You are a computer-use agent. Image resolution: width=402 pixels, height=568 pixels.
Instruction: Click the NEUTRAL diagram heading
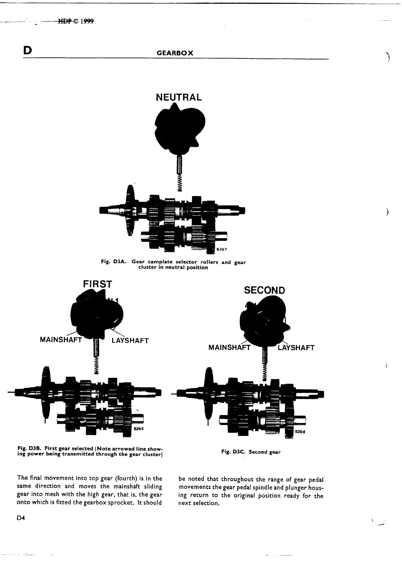[179, 97]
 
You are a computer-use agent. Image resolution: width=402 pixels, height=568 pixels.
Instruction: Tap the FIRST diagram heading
[97, 284]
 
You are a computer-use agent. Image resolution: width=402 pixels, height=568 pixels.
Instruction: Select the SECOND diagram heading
[265, 290]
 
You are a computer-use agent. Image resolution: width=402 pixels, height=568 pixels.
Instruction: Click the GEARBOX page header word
[175, 53]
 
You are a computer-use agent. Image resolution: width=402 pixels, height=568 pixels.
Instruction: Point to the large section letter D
[27, 50]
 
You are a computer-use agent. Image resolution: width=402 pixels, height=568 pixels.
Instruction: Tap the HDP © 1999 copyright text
[76, 22]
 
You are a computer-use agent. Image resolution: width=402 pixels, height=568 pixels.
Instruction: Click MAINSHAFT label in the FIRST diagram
[61, 340]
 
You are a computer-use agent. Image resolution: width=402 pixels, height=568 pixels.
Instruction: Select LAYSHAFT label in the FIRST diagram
[130, 340]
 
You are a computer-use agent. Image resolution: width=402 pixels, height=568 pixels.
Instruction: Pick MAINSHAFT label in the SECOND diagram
[229, 347]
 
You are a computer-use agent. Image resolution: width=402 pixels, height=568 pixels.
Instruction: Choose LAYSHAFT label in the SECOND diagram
[296, 348]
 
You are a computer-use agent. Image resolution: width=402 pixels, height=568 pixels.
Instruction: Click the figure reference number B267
[222, 250]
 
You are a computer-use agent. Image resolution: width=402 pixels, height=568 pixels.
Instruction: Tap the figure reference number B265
[139, 429]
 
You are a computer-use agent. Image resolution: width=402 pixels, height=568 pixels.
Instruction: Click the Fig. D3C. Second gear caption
[251, 452]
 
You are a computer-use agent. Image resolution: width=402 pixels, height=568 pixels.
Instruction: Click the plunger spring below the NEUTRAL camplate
[180, 183]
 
